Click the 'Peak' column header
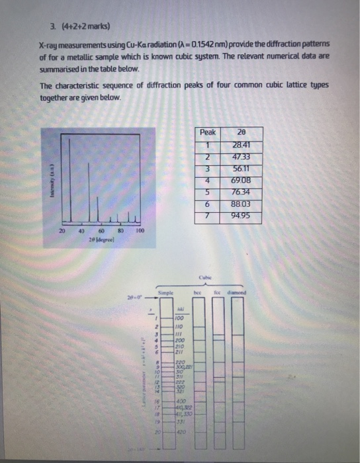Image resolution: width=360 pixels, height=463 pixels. tap(208, 132)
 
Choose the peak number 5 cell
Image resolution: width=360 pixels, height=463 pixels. tap(208, 192)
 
